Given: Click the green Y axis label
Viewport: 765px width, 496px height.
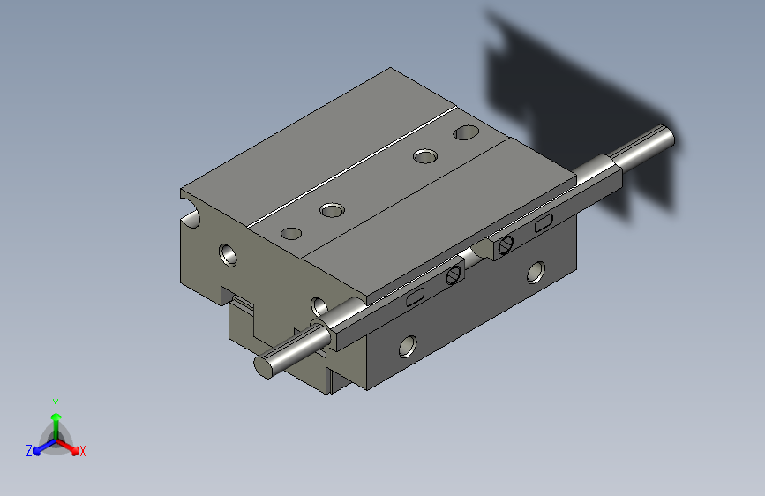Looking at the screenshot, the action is pos(56,403).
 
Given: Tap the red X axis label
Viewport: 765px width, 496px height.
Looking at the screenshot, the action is pos(82,451).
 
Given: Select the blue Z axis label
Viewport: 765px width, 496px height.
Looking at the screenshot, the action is pos(29,451).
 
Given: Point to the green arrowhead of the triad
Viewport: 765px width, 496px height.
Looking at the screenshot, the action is pos(56,417).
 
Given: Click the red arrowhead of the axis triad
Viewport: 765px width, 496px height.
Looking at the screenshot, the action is pos(75,449).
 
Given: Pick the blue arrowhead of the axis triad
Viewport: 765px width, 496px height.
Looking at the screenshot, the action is pos(37,450).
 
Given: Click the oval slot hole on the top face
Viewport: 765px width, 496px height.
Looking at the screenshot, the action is pos(466,132).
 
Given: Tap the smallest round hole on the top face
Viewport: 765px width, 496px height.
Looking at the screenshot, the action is pos(291,233).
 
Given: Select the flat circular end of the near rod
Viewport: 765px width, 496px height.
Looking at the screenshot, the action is pos(264,367).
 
